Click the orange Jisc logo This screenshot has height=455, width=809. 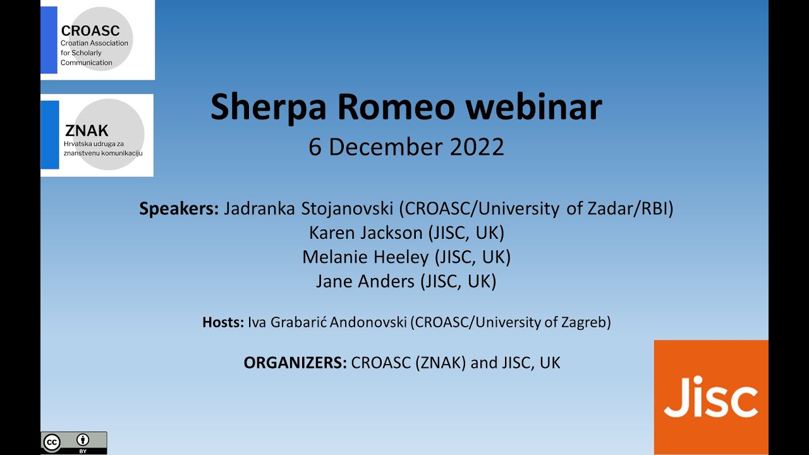click(711, 397)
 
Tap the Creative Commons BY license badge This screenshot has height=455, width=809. click(74, 442)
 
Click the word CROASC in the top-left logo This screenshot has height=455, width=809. click(90, 31)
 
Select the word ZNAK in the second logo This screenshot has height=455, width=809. click(87, 131)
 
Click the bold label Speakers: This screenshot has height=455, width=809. click(179, 209)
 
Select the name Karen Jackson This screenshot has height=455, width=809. click(365, 233)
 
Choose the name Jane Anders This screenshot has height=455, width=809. click(366, 281)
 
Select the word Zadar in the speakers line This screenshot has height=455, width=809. click(605, 209)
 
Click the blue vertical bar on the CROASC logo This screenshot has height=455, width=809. click(49, 40)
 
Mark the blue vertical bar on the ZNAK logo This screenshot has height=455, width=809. click(50, 135)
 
